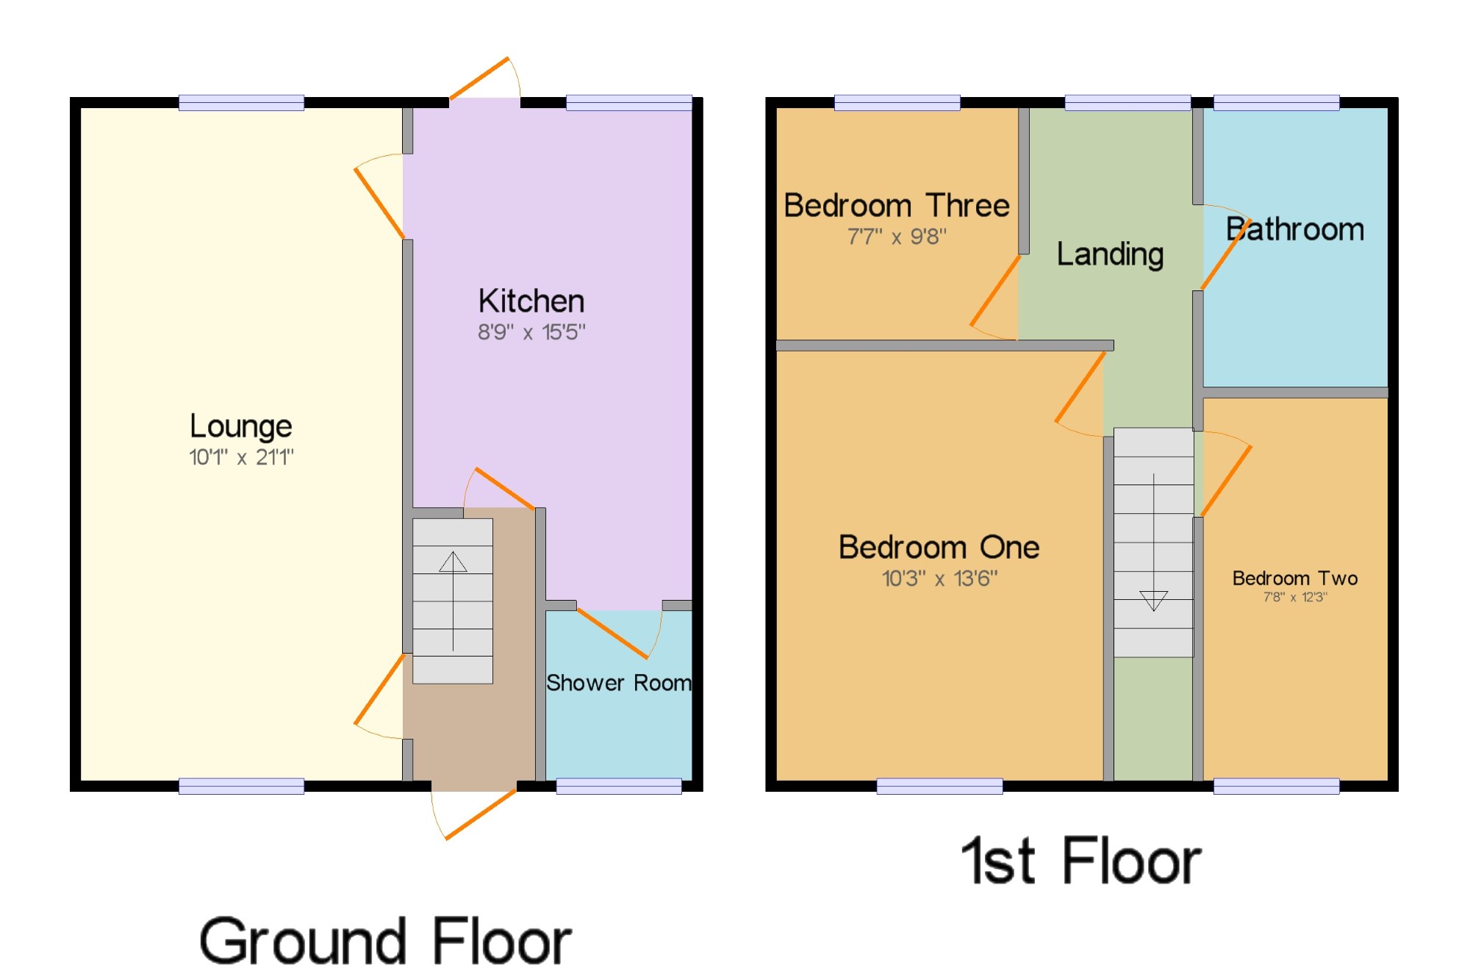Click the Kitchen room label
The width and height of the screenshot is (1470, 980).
click(x=531, y=301)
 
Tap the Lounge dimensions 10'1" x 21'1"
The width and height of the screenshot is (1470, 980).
click(x=241, y=457)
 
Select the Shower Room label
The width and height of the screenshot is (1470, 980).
click(x=619, y=683)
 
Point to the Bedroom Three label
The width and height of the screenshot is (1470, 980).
click(x=897, y=205)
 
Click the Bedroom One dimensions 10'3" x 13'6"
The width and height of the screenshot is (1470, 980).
click(x=940, y=579)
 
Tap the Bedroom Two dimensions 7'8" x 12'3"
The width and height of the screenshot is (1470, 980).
click(x=1295, y=597)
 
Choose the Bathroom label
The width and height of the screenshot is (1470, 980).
click(x=1295, y=229)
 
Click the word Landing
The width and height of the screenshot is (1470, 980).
click(x=1110, y=255)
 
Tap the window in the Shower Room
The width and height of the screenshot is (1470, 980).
click(x=619, y=786)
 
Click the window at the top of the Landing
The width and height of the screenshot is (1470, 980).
click(x=1127, y=103)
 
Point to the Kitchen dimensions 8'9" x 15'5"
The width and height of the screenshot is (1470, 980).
click(x=531, y=332)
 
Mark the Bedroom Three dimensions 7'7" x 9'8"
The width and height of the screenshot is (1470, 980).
click(x=897, y=237)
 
